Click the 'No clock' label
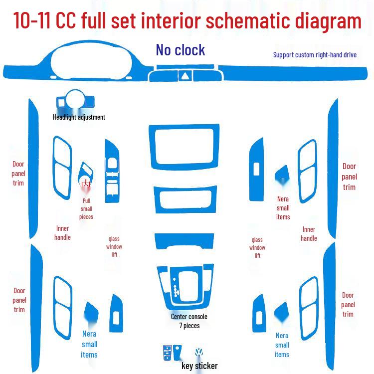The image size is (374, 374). [181, 50]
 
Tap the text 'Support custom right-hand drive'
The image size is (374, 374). [315, 55]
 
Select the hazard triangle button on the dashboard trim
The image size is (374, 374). [185, 76]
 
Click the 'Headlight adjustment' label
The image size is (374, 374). [79, 117]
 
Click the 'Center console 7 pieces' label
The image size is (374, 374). [189, 321]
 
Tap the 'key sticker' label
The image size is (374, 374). [199, 366]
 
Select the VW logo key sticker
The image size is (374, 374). [198, 352]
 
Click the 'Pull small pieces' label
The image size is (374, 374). [86, 209]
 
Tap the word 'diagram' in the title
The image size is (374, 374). [329, 21]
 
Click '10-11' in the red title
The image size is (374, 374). [32, 21]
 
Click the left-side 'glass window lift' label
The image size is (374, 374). [114, 247]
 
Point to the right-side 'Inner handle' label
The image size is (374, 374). [309, 234]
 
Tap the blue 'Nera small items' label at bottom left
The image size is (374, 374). [89, 344]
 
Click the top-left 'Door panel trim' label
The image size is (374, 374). [18, 174]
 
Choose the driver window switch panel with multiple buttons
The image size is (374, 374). [112, 171]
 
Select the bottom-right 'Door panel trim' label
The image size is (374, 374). [348, 305]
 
